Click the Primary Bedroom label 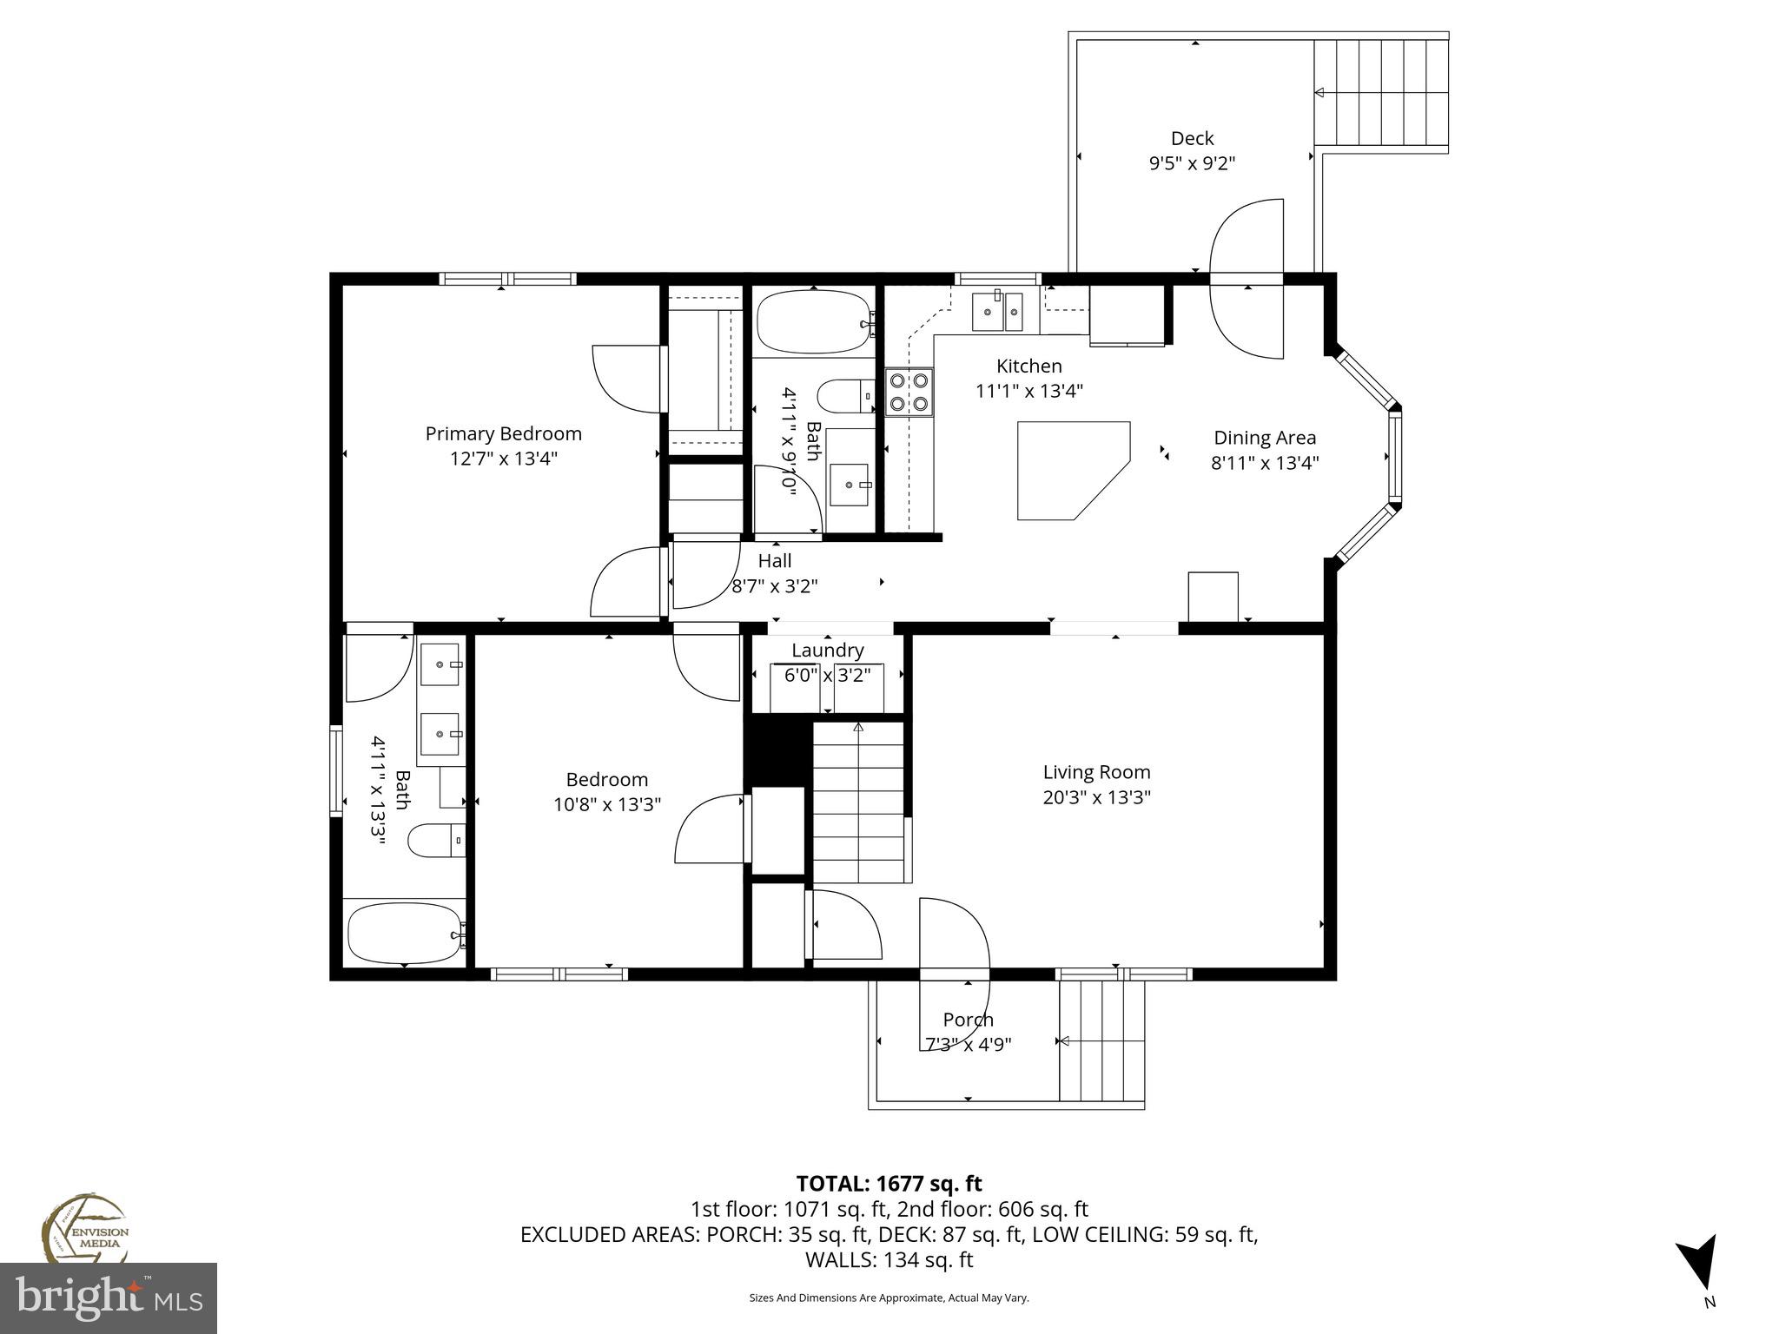(x=503, y=433)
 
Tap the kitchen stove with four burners (x=909, y=391)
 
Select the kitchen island (x=1068, y=469)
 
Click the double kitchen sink (x=997, y=312)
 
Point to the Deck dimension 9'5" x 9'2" (x=1192, y=162)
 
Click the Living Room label (x=1096, y=772)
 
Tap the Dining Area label (x=1264, y=438)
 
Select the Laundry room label (x=827, y=650)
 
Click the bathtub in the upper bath (x=813, y=322)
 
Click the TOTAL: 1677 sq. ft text (x=889, y=1183)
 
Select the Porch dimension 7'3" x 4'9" (x=968, y=1043)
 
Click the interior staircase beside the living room (x=859, y=802)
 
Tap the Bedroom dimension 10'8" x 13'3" (x=606, y=804)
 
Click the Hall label (x=774, y=561)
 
